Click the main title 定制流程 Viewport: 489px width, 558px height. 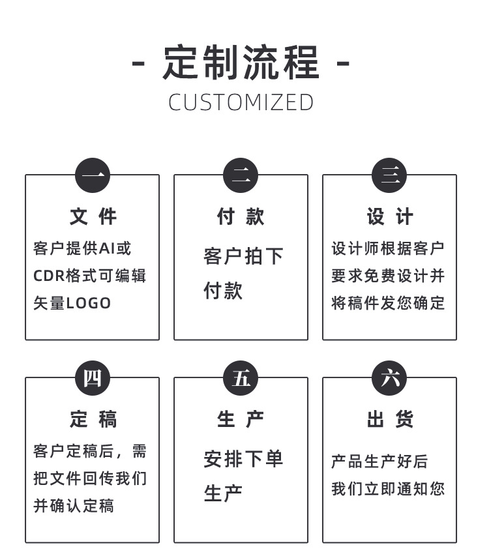(241, 63)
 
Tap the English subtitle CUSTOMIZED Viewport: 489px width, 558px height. (241, 102)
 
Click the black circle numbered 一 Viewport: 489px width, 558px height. (93, 175)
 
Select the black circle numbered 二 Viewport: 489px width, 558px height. (241, 175)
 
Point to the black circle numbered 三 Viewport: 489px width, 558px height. (389, 175)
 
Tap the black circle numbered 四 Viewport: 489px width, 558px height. (93, 378)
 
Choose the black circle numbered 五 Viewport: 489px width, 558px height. (241, 378)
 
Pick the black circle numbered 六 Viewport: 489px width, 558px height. (389, 378)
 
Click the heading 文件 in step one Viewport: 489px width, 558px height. (93, 216)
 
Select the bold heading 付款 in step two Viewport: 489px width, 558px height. (241, 216)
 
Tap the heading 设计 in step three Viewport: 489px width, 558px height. (389, 216)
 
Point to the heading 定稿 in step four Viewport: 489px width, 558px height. (93, 419)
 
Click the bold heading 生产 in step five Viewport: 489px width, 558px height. (241, 419)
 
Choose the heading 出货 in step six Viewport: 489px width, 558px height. (389, 419)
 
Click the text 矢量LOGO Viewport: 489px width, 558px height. (72, 303)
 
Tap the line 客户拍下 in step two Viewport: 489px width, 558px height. (243, 256)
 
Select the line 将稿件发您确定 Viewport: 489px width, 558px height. (388, 303)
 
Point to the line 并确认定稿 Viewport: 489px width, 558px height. (73, 506)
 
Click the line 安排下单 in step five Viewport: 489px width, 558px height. (243, 459)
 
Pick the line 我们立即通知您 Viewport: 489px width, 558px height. (388, 489)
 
